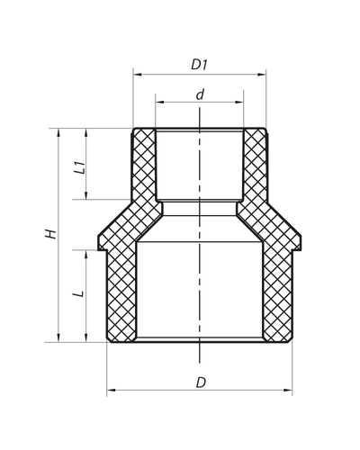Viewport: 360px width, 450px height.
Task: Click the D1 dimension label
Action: point(199,65)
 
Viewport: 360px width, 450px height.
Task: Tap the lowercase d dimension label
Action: point(200,93)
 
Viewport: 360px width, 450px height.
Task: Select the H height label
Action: point(51,233)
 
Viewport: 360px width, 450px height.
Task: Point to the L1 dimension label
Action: point(79,166)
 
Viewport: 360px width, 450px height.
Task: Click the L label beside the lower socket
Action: point(79,293)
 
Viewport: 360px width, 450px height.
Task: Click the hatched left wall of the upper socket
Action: point(144,166)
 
